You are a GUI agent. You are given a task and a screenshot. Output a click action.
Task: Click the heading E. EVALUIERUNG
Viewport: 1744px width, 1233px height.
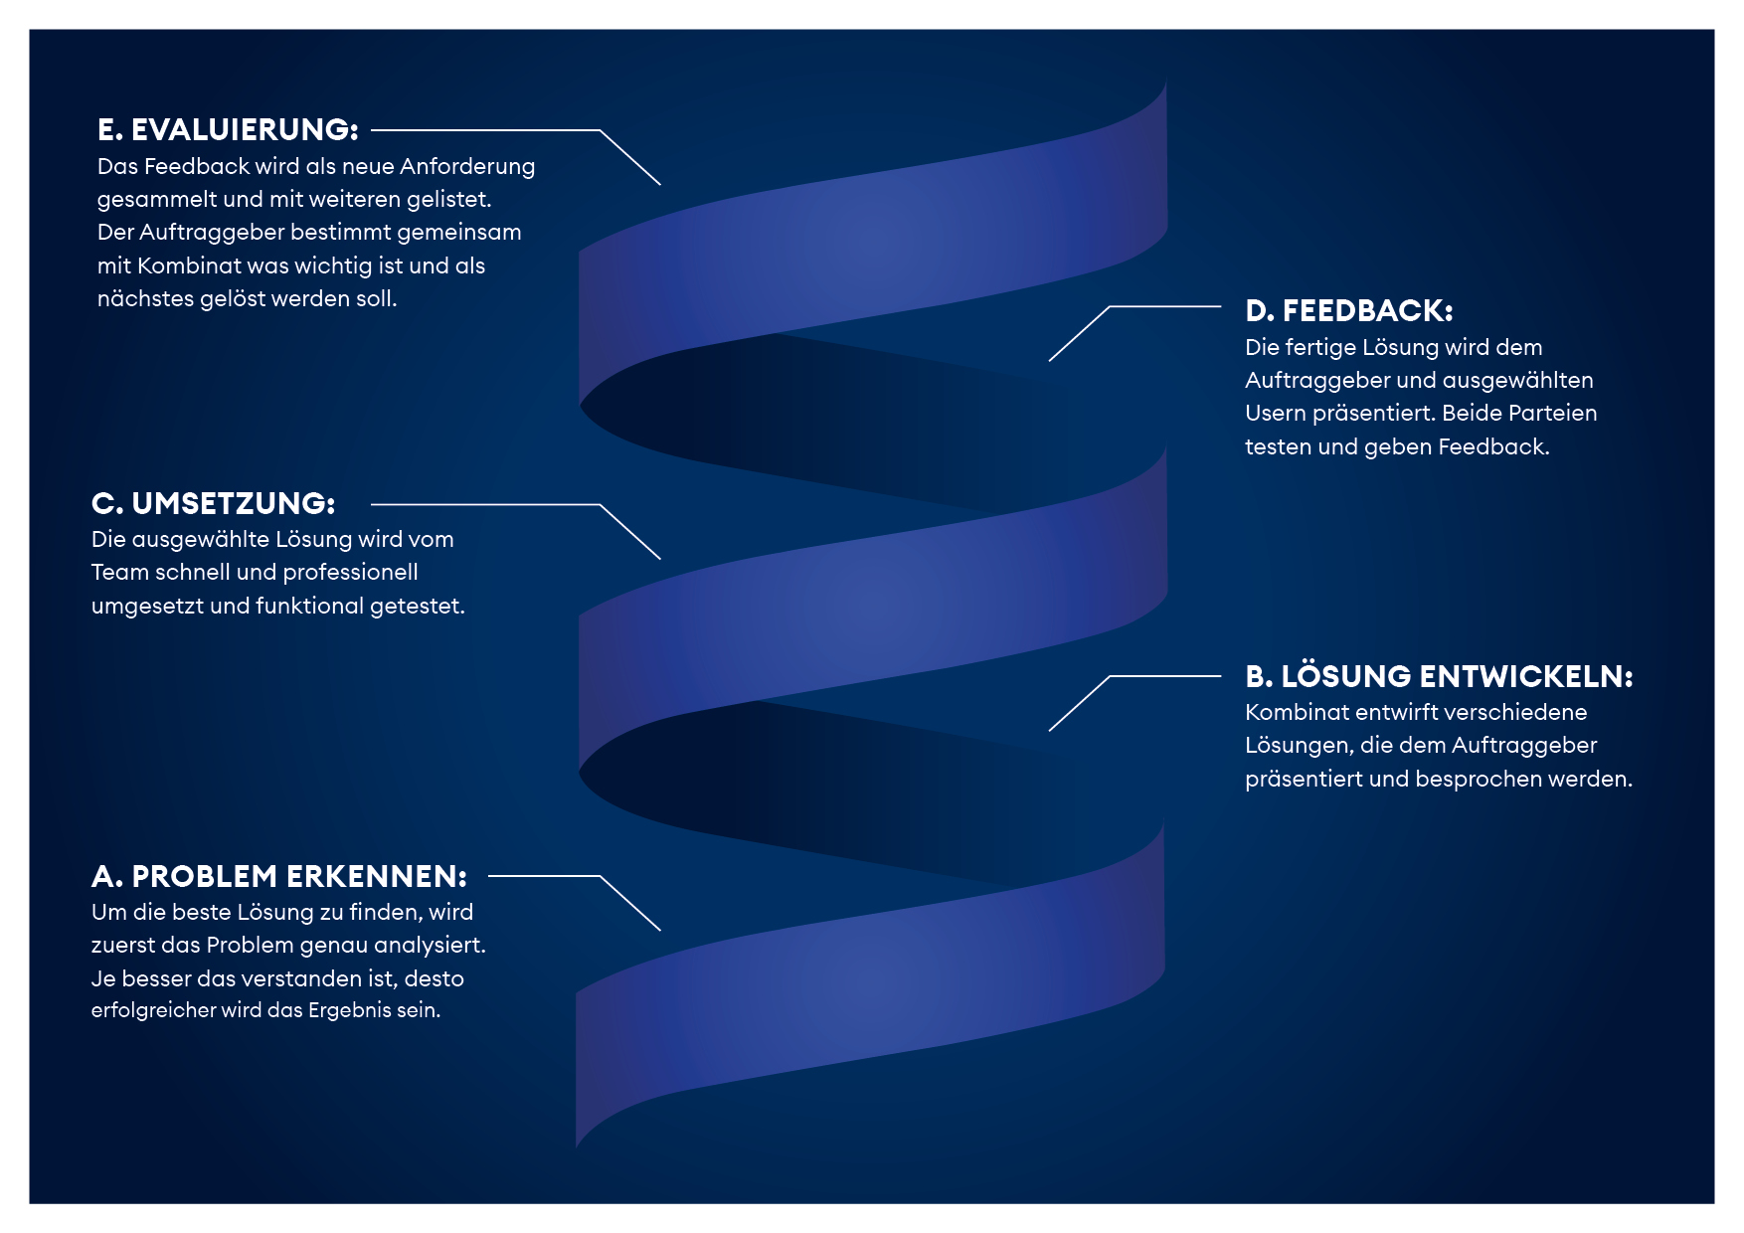coord(228,129)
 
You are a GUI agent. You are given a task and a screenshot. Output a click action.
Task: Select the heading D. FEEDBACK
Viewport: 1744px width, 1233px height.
coord(1349,310)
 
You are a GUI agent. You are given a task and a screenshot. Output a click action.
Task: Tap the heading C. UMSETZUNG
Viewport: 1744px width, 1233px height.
coord(214,503)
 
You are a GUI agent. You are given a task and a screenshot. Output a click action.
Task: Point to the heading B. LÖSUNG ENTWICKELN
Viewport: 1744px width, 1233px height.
coord(1439,676)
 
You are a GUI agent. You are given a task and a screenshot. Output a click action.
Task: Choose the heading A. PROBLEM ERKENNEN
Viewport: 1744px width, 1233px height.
coord(279,876)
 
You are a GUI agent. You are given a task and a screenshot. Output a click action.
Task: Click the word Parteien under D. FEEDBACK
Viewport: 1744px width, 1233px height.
coord(1553,413)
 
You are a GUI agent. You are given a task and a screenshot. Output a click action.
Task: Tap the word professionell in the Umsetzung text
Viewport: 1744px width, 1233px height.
coord(351,573)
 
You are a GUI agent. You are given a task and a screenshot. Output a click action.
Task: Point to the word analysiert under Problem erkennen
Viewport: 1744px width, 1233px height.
coord(431,946)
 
